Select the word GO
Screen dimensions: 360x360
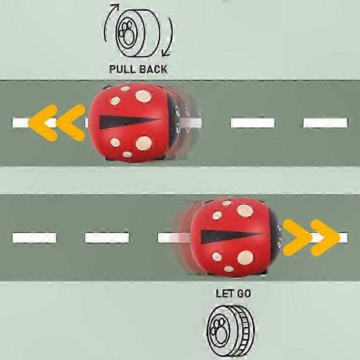243,293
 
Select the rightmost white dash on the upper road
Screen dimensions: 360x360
325,123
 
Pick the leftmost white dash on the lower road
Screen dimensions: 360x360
34,238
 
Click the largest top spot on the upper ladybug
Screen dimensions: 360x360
144,96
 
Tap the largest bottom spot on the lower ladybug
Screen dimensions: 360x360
245,257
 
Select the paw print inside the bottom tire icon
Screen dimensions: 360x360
217,329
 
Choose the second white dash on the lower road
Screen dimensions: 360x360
107,238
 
